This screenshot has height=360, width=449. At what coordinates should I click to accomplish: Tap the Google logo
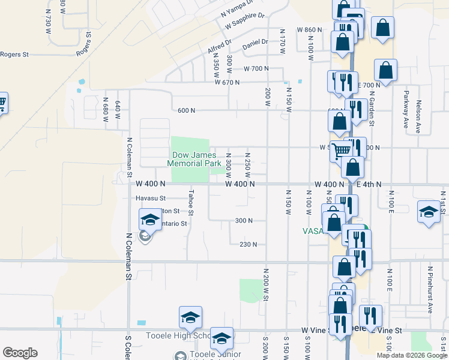pyautogui.click(x=20, y=353)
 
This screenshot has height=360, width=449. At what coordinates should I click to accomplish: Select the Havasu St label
pyautogui.click(x=150, y=198)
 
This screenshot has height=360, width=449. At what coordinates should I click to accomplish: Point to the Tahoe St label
pyautogui.click(x=191, y=203)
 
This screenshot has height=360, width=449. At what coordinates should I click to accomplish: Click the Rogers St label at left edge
pyautogui.click(x=14, y=55)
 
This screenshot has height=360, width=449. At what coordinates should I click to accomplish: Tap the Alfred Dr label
pyautogui.click(x=219, y=47)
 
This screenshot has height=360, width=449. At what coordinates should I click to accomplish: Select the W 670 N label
pyautogui.click(x=231, y=82)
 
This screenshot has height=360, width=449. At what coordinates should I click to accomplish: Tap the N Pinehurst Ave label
pyautogui.click(x=430, y=294)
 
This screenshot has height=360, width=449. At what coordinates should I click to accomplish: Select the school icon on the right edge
pyautogui.click(x=429, y=212)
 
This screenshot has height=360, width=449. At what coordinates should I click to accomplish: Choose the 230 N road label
pyautogui.click(x=248, y=244)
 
